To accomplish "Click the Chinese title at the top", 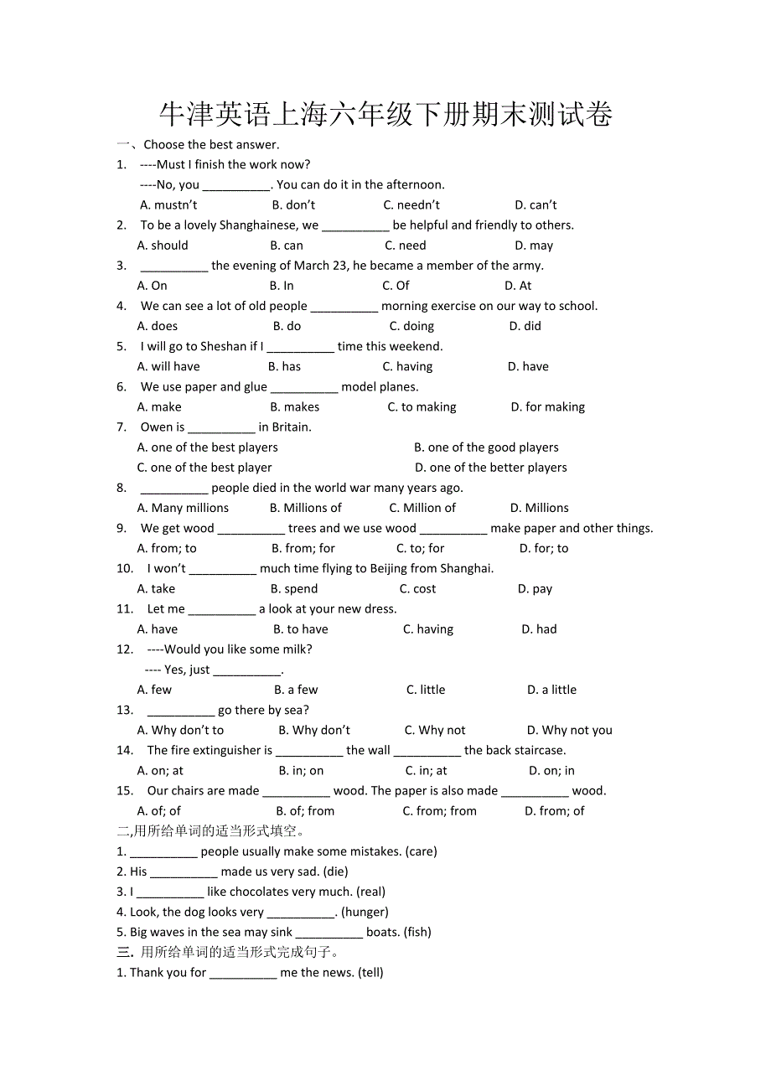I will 385,115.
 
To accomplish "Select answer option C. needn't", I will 411,205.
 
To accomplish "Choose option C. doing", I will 411,326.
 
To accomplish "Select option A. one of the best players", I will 207,447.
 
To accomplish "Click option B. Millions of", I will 305,508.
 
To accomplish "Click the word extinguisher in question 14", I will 228,750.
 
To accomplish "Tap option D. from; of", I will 554,811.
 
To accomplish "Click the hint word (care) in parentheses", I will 421,851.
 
